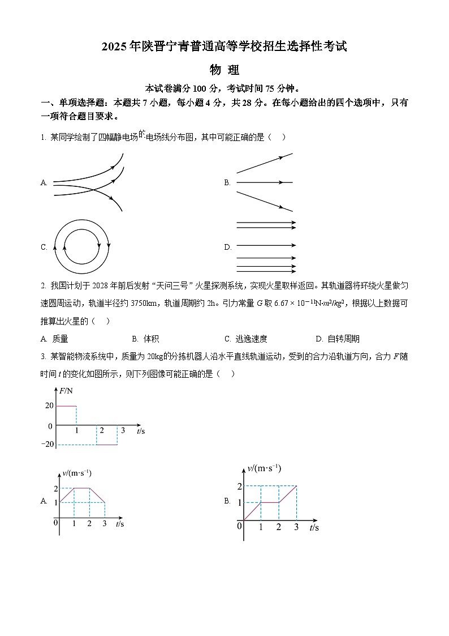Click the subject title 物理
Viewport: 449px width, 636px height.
point(225,70)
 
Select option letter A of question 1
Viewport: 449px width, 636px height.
point(44,182)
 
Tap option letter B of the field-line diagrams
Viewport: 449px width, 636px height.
point(227,182)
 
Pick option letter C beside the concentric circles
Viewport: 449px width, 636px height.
point(44,247)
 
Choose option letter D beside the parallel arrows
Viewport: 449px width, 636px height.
point(228,247)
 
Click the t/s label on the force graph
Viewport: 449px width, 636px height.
point(141,431)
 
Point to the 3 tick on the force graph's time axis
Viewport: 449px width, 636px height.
point(123,430)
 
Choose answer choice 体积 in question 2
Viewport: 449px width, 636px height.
point(151,339)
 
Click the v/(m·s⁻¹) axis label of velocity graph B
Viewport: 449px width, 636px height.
point(264,468)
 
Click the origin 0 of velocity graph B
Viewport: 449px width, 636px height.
point(239,526)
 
